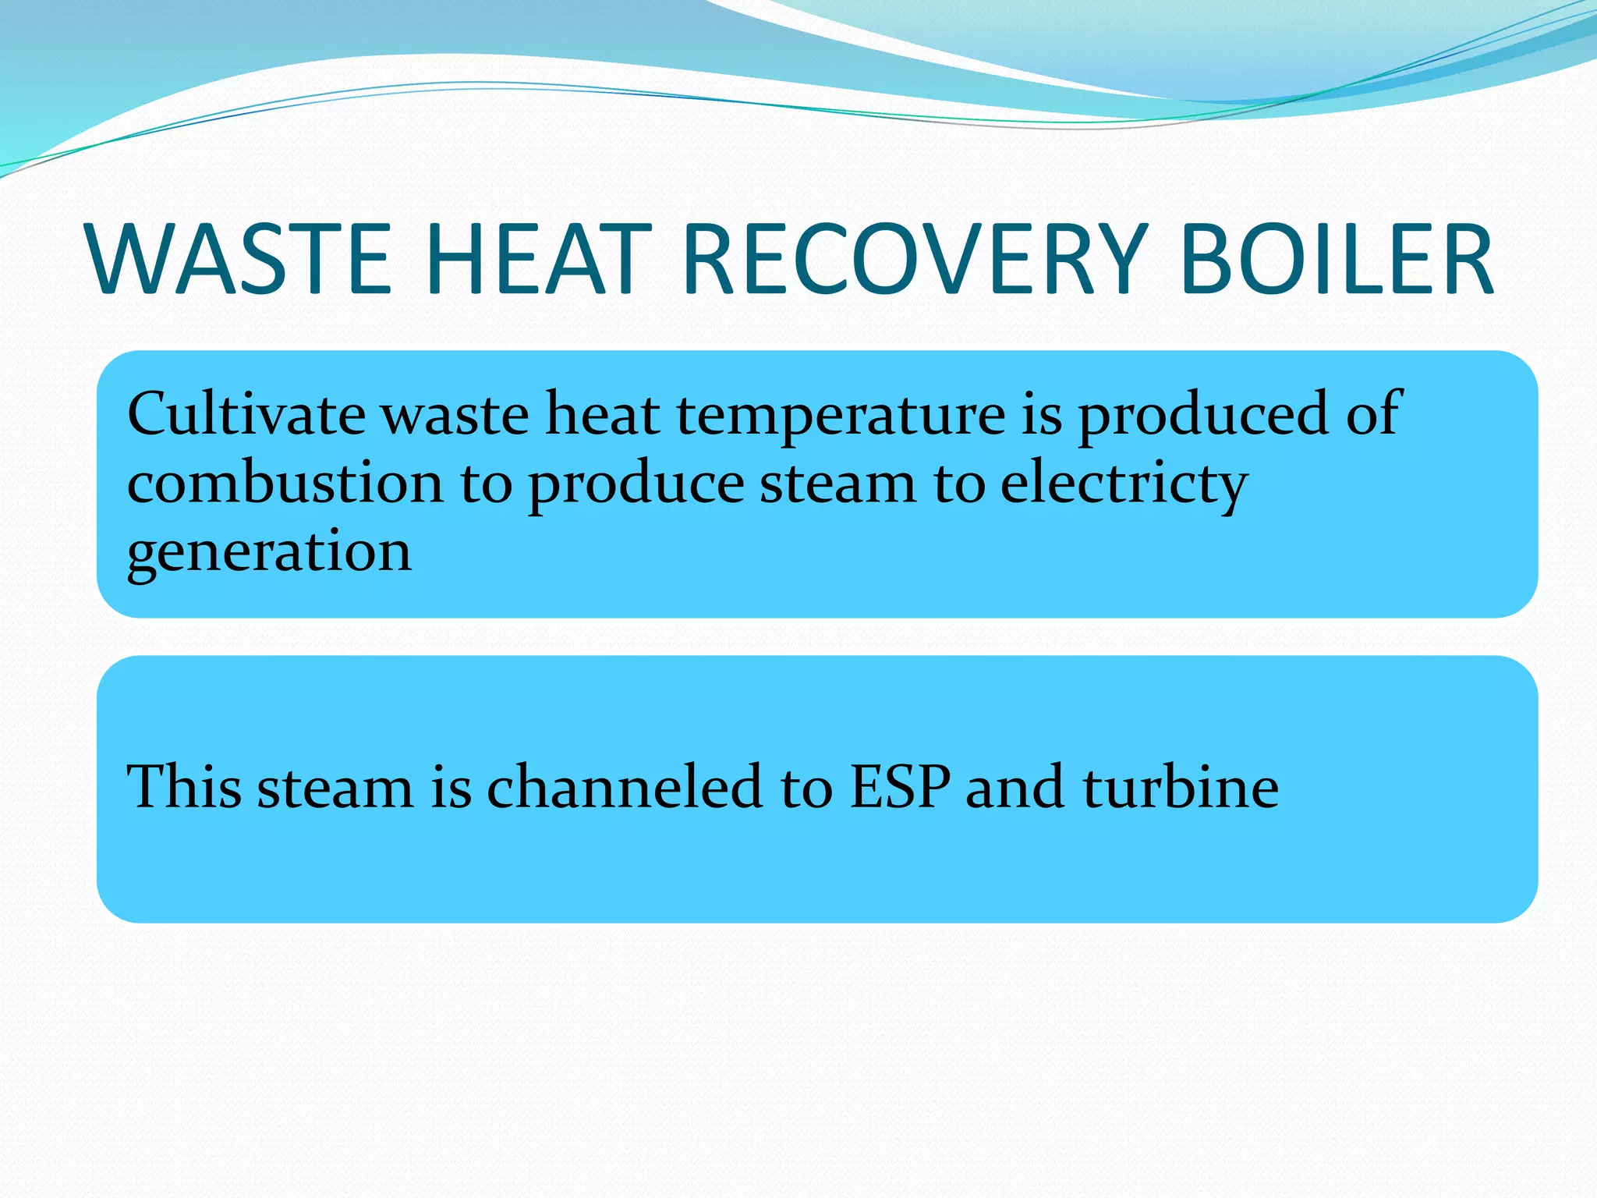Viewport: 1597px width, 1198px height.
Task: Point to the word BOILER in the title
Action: (x=1337, y=260)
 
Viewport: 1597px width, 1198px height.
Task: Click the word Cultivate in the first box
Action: (x=246, y=414)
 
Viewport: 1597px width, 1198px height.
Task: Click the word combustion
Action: (x=285, y=483)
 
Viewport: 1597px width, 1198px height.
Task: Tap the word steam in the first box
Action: (x=837, y=484)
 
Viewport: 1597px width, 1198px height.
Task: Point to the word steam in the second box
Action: (x=335, y=788)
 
